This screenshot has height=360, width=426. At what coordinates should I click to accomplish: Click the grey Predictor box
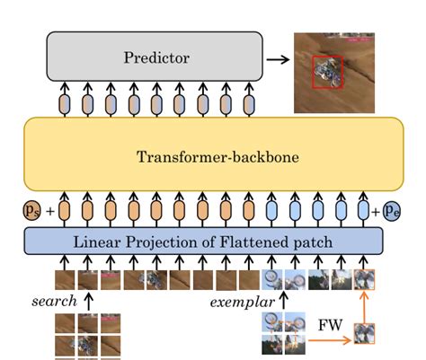coord(155,58)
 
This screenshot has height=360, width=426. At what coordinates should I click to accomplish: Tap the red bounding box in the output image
coord(327,73)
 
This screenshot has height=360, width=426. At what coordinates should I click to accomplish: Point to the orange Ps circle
coord(33,213)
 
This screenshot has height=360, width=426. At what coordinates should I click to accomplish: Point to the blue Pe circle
coord(393,213)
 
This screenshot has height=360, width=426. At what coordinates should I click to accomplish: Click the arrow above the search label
coord(89,300)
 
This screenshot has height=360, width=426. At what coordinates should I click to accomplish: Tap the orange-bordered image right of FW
coord(364,334)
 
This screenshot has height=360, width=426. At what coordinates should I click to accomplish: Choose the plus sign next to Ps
coord(49,213)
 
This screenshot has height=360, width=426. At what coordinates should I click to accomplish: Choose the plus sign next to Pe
coord(376,213)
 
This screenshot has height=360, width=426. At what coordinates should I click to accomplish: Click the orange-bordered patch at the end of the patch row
coord(363,279)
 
